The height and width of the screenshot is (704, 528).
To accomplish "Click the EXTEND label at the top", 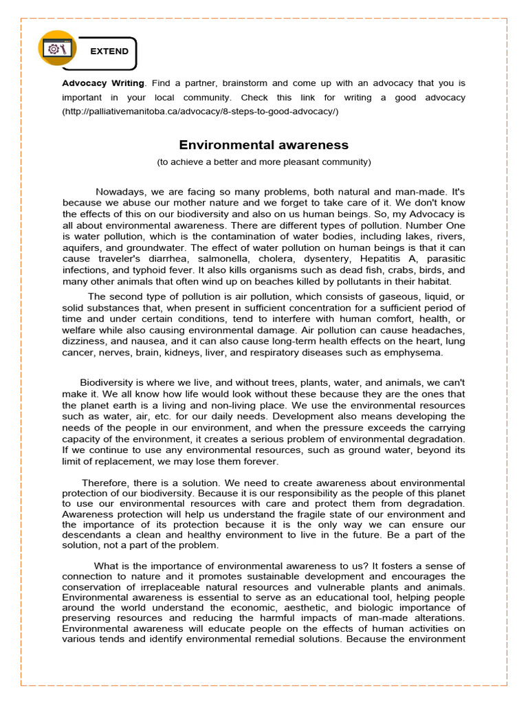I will click(109, 52).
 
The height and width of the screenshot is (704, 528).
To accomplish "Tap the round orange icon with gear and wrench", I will click(58, 49).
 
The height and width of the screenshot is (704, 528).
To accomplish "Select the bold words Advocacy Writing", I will click(103, 82).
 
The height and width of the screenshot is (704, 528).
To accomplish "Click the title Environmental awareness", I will click(264, 145).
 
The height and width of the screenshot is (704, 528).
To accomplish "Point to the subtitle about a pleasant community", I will click(264, 162).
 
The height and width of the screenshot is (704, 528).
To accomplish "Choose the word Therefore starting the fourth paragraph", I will click(107, 483).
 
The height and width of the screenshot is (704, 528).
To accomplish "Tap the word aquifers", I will click(81, 247).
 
